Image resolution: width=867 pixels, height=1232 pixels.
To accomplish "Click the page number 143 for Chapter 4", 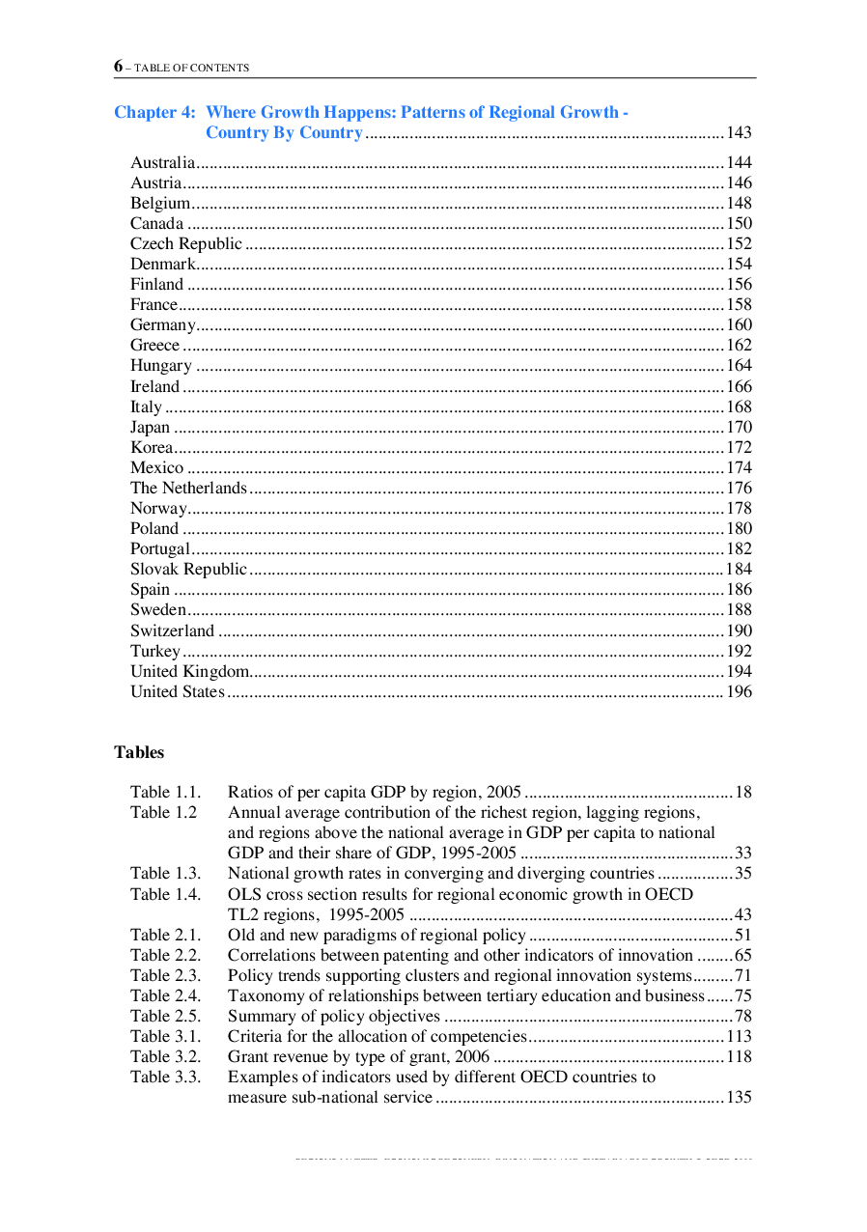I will tap(739, 133).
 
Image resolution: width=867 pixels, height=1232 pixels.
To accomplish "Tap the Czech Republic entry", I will tap(186, 243).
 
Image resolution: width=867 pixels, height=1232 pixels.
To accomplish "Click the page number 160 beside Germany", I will tap(739, 325).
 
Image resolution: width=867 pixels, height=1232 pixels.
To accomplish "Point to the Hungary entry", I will tap(161, 366).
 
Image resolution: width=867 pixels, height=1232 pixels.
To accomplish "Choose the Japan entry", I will tap(151, 427).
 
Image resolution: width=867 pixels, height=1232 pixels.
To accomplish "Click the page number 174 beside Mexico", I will tap(739, 467).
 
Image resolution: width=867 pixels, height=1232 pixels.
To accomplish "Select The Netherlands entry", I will tap(189, 489).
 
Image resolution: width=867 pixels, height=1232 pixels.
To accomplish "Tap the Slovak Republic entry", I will tap(189, 570).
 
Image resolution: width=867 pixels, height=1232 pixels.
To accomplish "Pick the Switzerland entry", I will tap(173, 630).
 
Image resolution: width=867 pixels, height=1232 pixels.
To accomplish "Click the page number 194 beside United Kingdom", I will tap(739, 671).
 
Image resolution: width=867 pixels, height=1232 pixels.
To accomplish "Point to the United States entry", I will tap(178, 691).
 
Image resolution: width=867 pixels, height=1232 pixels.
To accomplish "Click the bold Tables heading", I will tap(139, 752).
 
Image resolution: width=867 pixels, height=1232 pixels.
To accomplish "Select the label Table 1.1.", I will tap(166, 793).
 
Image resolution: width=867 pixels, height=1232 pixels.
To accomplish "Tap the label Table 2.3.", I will tap(166, 975).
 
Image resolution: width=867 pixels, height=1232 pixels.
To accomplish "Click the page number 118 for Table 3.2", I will tap(739, 1056).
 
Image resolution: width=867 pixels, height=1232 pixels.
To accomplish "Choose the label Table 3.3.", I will tap(166, 1077).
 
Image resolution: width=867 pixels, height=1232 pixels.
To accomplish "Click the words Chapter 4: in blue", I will tap(154, 112).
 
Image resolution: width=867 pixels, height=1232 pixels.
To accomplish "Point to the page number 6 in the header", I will tap(118, 67).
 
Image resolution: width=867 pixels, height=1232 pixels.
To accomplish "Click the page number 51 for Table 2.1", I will tap(743, 935).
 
